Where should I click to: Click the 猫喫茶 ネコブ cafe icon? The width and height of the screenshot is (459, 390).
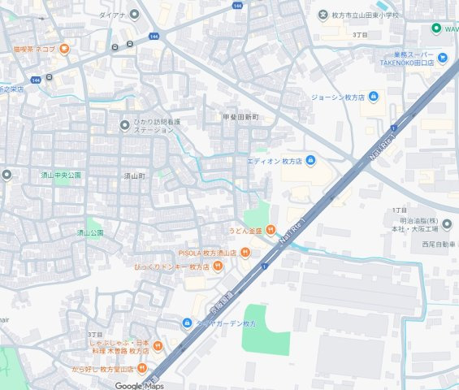(63, 49)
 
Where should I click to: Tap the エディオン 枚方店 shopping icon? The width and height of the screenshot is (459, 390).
(310, 161)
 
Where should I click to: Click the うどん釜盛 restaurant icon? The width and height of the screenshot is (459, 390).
(271, 230)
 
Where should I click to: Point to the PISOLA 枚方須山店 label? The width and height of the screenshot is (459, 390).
(207, 253)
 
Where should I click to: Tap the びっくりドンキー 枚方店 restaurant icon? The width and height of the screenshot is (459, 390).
(219, 266)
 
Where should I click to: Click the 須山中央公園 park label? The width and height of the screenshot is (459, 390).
(62, 175)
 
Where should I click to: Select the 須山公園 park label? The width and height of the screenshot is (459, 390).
(90, 232)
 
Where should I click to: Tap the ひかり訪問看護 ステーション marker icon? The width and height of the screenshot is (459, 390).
(124, 125)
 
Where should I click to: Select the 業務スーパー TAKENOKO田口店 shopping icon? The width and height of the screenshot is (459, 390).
(442, 57)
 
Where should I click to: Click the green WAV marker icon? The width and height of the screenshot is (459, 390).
(435, 28)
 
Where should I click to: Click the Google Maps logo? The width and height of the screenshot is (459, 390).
(139, 385)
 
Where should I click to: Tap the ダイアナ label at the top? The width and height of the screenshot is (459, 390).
(112, 15)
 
